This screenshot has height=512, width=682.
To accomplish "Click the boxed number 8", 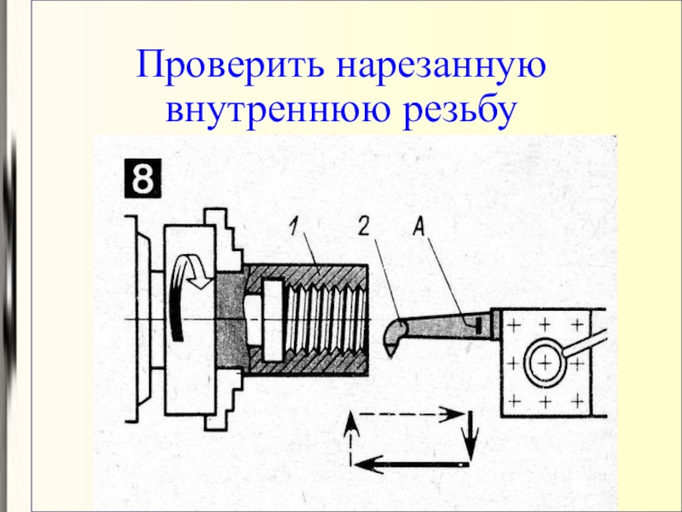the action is (x=142, y=180).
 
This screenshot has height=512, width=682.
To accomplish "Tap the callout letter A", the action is (x=419, y=226).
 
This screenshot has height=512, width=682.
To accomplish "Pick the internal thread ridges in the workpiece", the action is (x=329, y=320).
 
